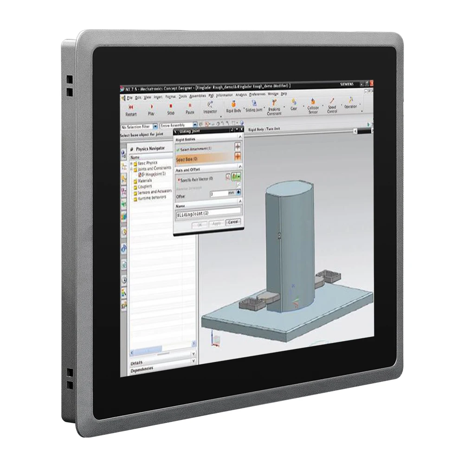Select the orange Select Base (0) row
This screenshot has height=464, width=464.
(204, 159)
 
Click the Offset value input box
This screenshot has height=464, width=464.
(218, 193)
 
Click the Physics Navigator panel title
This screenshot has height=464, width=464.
(151, 149)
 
